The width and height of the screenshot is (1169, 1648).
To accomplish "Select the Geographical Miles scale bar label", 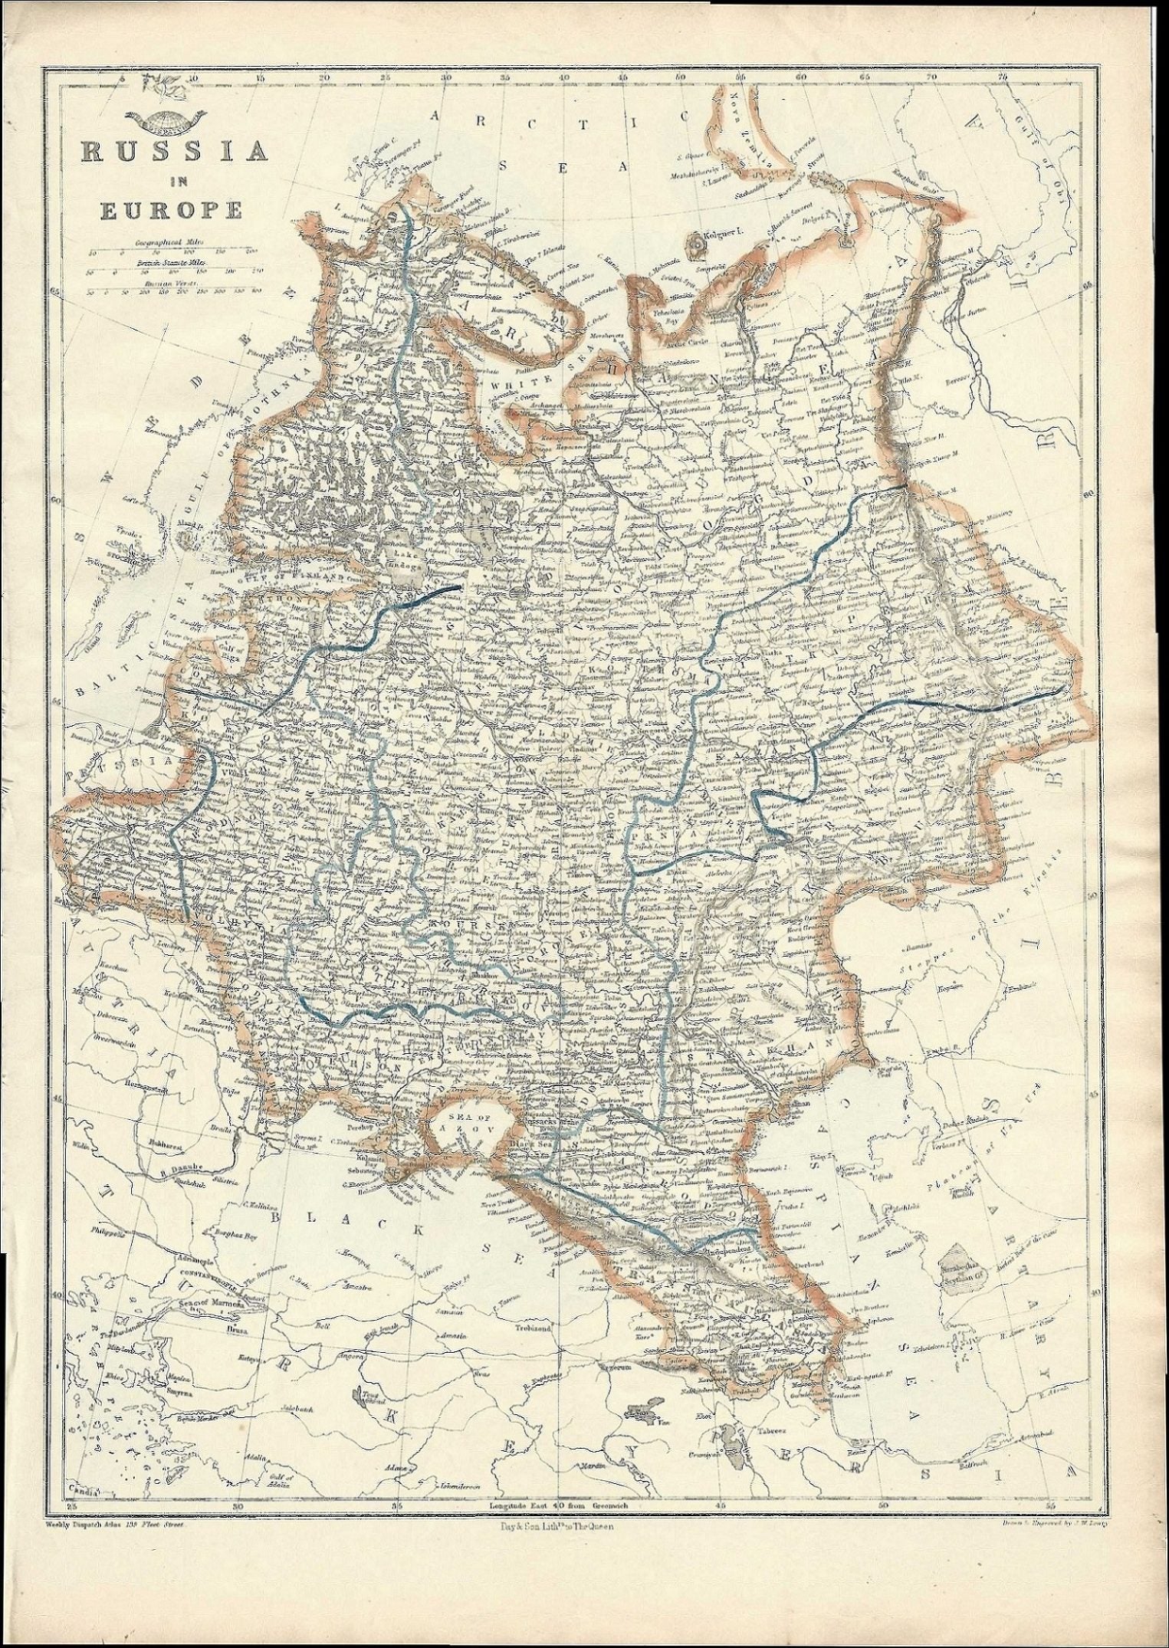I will click(x=164, y=241).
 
